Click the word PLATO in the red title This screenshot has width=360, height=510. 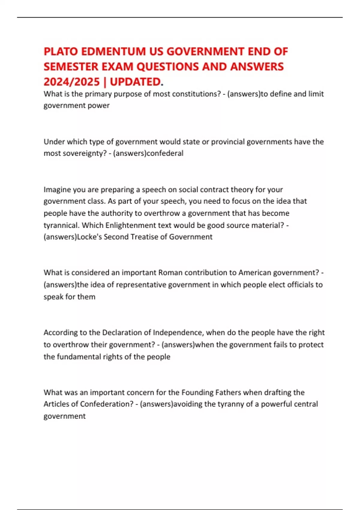(61, 52)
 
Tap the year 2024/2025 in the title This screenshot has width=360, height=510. (71, 82)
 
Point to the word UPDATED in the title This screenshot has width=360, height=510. (135, 82)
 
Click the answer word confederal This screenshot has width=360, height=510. (165, 153)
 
